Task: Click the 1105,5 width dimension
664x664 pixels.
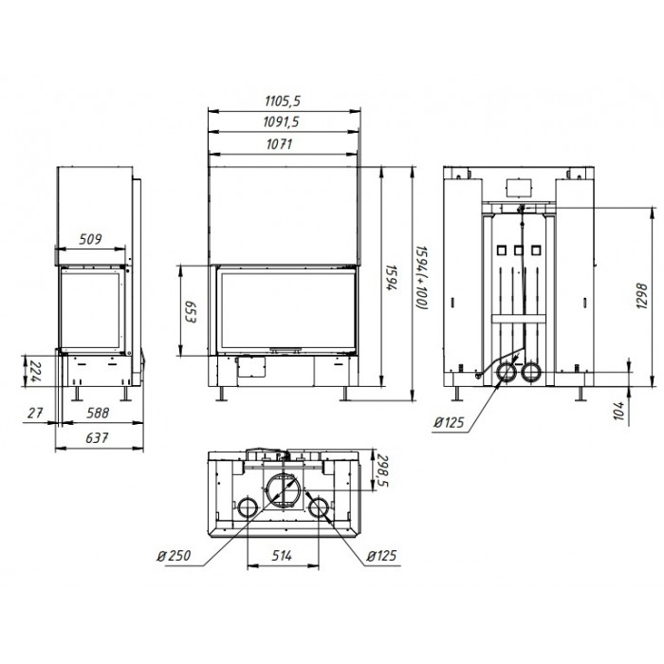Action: point(283,101)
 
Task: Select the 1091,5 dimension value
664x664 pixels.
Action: point(281,122)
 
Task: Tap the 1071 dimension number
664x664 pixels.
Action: point(280,144)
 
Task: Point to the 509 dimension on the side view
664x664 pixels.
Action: point(91,239)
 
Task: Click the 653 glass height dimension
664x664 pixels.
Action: point(190,312)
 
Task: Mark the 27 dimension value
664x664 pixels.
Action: point(35,413)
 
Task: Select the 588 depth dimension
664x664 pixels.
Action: point(98,413)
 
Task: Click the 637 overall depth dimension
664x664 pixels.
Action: point(97,437)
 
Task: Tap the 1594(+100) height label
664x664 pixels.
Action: point(422,277)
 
